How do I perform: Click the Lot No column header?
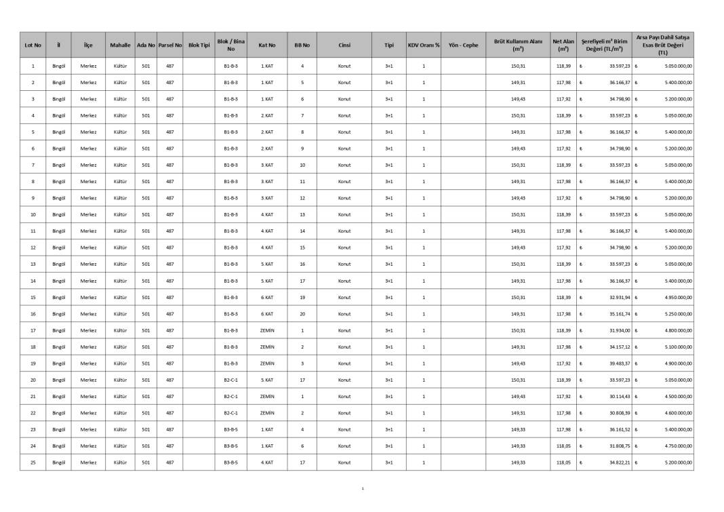click(33, 45)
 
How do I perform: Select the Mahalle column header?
click(121, 45)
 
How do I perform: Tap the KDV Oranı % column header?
click(424, 45)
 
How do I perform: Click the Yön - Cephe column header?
click(463, 45)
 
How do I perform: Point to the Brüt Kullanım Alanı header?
click(518, 45)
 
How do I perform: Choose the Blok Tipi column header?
click(199, 45)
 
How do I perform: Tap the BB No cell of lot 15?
click(302, 298)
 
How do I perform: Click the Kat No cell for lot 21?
click(267, 397)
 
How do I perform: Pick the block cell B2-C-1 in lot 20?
click(230, 380)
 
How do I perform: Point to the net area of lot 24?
click(563, 446)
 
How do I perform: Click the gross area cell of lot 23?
click(518, 429)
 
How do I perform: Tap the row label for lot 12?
click(33, 248)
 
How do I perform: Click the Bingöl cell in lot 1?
click(58, 66)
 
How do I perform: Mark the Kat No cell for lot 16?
click(267, 314)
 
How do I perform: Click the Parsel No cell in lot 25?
click(169, 462)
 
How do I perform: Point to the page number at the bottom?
click(363, 488)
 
